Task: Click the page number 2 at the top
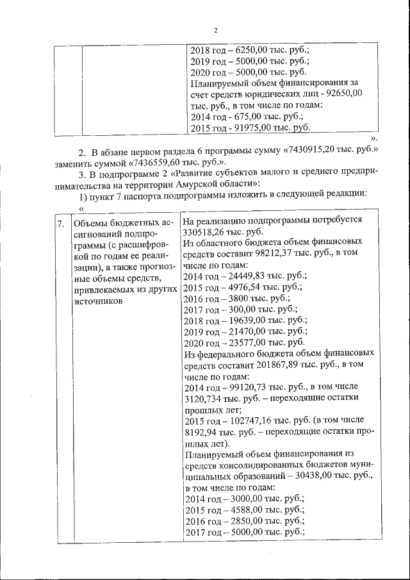pyautogui.click(x=216, y=31)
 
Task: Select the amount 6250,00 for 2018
pyautogui.click(x=253, y=50)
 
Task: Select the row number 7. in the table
pyautogui.click(x=61, y=224)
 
